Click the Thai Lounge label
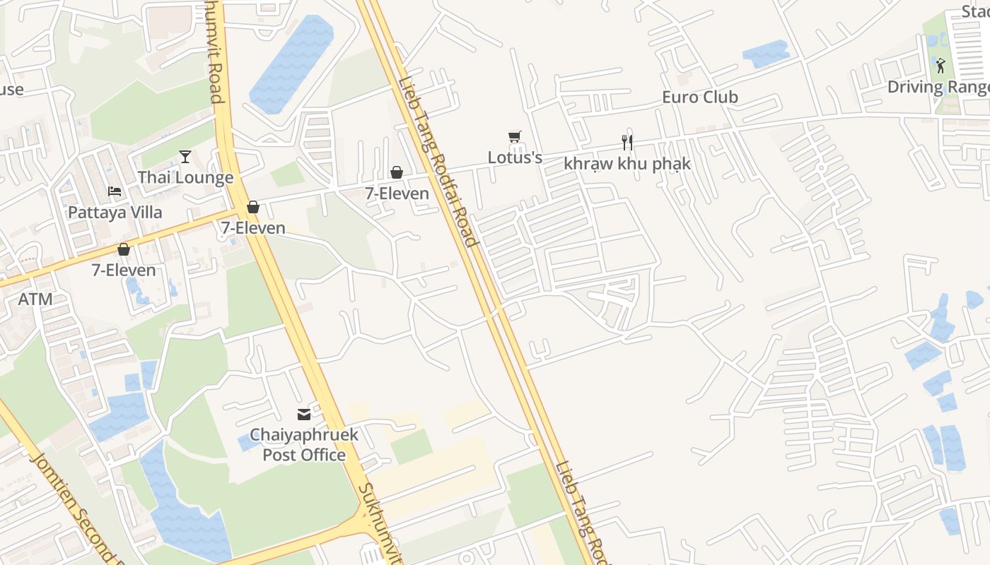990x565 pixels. point(185,177)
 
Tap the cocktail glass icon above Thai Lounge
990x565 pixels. point(185,156)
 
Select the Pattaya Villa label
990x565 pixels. point(115,212)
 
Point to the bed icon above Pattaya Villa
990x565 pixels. point(115,191)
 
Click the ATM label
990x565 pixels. point(35,299)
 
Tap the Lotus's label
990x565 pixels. point(515,157)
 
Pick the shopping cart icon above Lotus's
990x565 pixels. point(515,136)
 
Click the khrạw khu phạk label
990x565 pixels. point(627,164)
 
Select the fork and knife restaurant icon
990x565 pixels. point(627,143)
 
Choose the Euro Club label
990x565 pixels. point(700,97)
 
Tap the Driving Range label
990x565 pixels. point(938,87)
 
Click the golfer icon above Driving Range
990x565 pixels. point(940,66)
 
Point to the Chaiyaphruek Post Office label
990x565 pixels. point(304,444)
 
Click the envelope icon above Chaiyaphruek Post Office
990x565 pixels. point(304,415)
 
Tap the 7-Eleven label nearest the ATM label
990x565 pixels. point(124,270)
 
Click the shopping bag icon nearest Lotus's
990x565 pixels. point(397,172)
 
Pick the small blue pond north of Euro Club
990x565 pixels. point(766,54)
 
